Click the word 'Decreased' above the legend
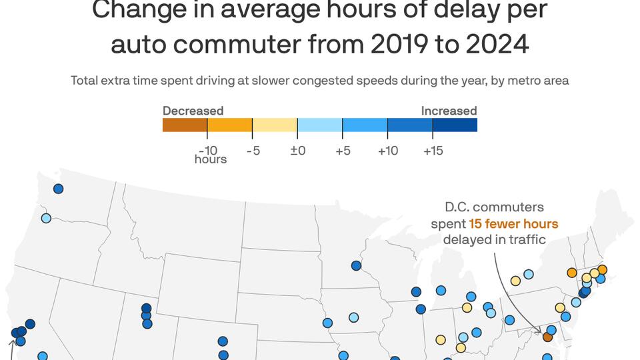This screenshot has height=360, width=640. (x=193, y=111)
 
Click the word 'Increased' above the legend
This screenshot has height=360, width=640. (x=449, y=111)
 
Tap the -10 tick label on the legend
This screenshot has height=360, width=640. (x=208, y=151)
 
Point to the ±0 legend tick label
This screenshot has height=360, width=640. (x=297, y=151)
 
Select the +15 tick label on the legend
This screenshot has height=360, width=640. (x=433, y=151)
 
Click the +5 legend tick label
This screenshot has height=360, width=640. (x=343, y=151)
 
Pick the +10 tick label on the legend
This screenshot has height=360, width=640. (x=387, y=151)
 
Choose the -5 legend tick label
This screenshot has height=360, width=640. (x=253, y=151)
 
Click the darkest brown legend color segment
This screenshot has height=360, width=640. (x=185, y=125)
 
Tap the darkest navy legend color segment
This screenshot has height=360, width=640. (x=455, y=125)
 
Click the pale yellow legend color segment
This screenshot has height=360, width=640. (x=275, y=125)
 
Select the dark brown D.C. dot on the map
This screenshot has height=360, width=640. (x=547, y=337)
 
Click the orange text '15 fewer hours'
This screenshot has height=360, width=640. (x=513, y=223)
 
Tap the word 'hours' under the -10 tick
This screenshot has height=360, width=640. (x=211, y=159)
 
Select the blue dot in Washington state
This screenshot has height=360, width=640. (x=58, y=189)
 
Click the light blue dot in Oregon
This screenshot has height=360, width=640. (x=46, y=218)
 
